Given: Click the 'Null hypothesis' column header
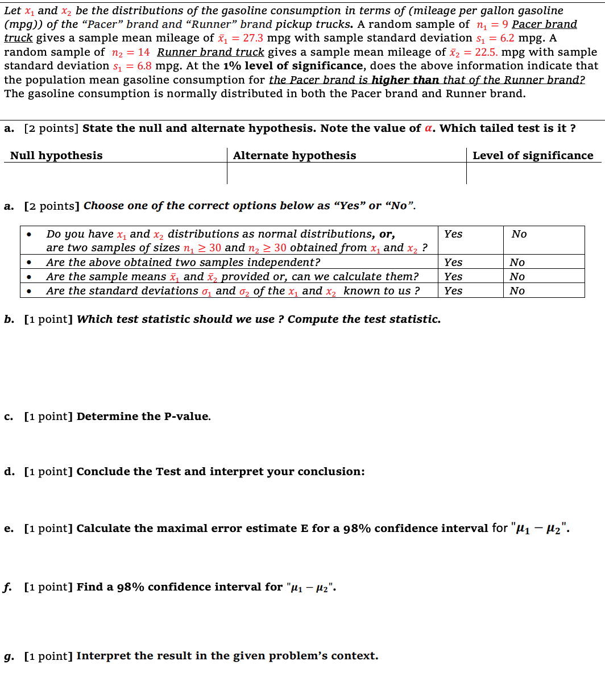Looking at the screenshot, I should click(x=56, y=156).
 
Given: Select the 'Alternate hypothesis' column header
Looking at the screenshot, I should click(x=295, y=156).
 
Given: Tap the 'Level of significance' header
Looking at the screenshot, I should click(x=533, y=156).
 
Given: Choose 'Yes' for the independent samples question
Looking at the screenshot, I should click(x=453, y=263).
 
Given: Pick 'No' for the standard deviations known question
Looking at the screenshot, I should click(x=517, y=291).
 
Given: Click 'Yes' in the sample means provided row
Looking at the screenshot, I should click(x=453, y=277).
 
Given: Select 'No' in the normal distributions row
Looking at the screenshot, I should click(x=519, y=234).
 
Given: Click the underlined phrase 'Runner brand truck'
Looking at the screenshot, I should click(x=210, y=52).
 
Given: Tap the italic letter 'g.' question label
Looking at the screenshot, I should click(x=9, y=656).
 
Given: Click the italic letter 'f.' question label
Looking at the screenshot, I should click(x=8, y=587).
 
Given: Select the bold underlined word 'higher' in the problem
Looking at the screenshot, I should click(x=392, y=80).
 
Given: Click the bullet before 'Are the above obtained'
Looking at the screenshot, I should click(x=29, y=263).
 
